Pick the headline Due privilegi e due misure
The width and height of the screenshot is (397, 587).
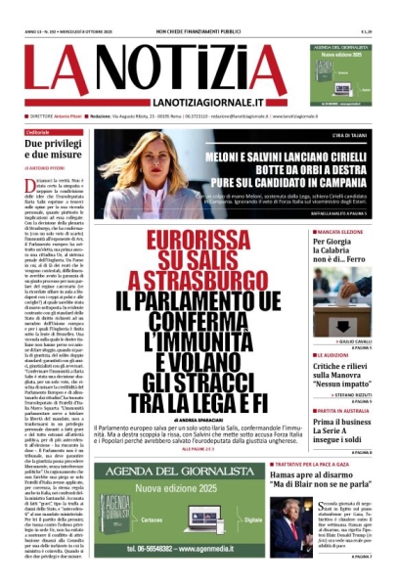(55, 150)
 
